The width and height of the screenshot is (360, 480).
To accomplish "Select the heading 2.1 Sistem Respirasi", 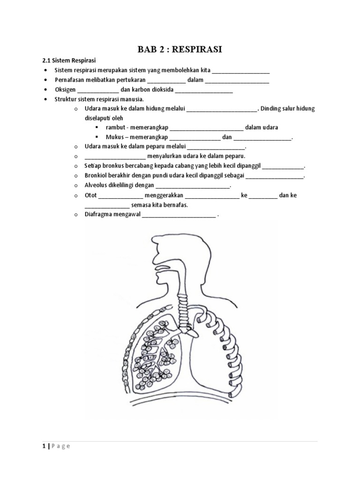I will pos(69,60).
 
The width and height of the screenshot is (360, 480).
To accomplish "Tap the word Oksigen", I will pos(65,90).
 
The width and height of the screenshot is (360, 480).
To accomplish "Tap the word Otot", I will pos(90,195).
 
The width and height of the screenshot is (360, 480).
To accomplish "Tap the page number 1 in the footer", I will pos(43,446).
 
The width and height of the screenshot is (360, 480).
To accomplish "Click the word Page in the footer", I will pos(61,446).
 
